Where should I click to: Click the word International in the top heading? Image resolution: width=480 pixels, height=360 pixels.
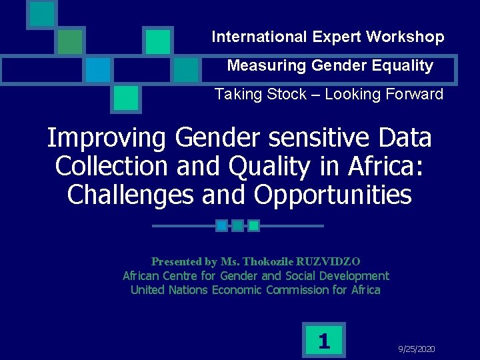tap(249, 37)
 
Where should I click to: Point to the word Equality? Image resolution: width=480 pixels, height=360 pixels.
tap(404, 66)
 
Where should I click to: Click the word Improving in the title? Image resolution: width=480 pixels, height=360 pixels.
tap(106, 139)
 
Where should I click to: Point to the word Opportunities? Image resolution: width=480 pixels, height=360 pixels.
tap(332, 195)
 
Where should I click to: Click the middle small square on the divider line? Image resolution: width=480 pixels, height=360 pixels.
tap(237, 226)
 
